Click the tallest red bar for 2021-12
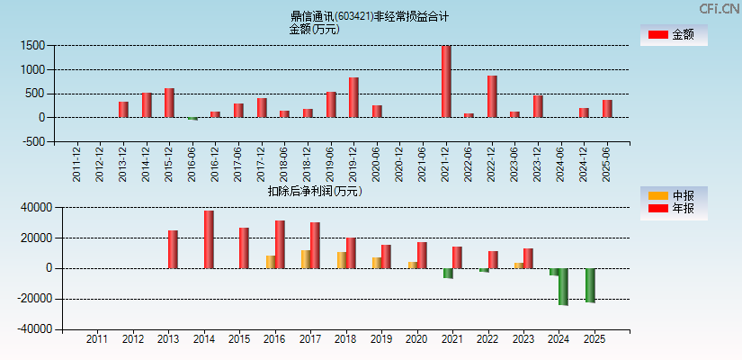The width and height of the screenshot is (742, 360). click(x=446, y=81)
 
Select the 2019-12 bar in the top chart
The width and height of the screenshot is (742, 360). click(x=353, y=97)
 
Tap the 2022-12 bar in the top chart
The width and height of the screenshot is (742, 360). click(x=492, y=96)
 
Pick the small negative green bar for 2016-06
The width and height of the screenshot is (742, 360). click(x=192, y=119)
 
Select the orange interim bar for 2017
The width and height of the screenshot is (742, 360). click(x=306, y=259)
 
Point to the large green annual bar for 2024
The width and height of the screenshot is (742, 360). click(x=563, y=286)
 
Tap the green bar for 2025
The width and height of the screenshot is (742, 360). click(x=590, y=285)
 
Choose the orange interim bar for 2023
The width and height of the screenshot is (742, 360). click(x=519, y=265)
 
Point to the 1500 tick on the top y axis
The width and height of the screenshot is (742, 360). click(x=33, y=45)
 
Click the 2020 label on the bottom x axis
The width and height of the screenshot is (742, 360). click(x=416, y=339)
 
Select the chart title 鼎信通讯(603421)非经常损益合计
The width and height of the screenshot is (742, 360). click(x=370, y=16)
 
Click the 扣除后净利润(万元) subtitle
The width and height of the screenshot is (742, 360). click(x=314, y=191)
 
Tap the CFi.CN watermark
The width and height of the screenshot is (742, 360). click(x=719, y=9)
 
